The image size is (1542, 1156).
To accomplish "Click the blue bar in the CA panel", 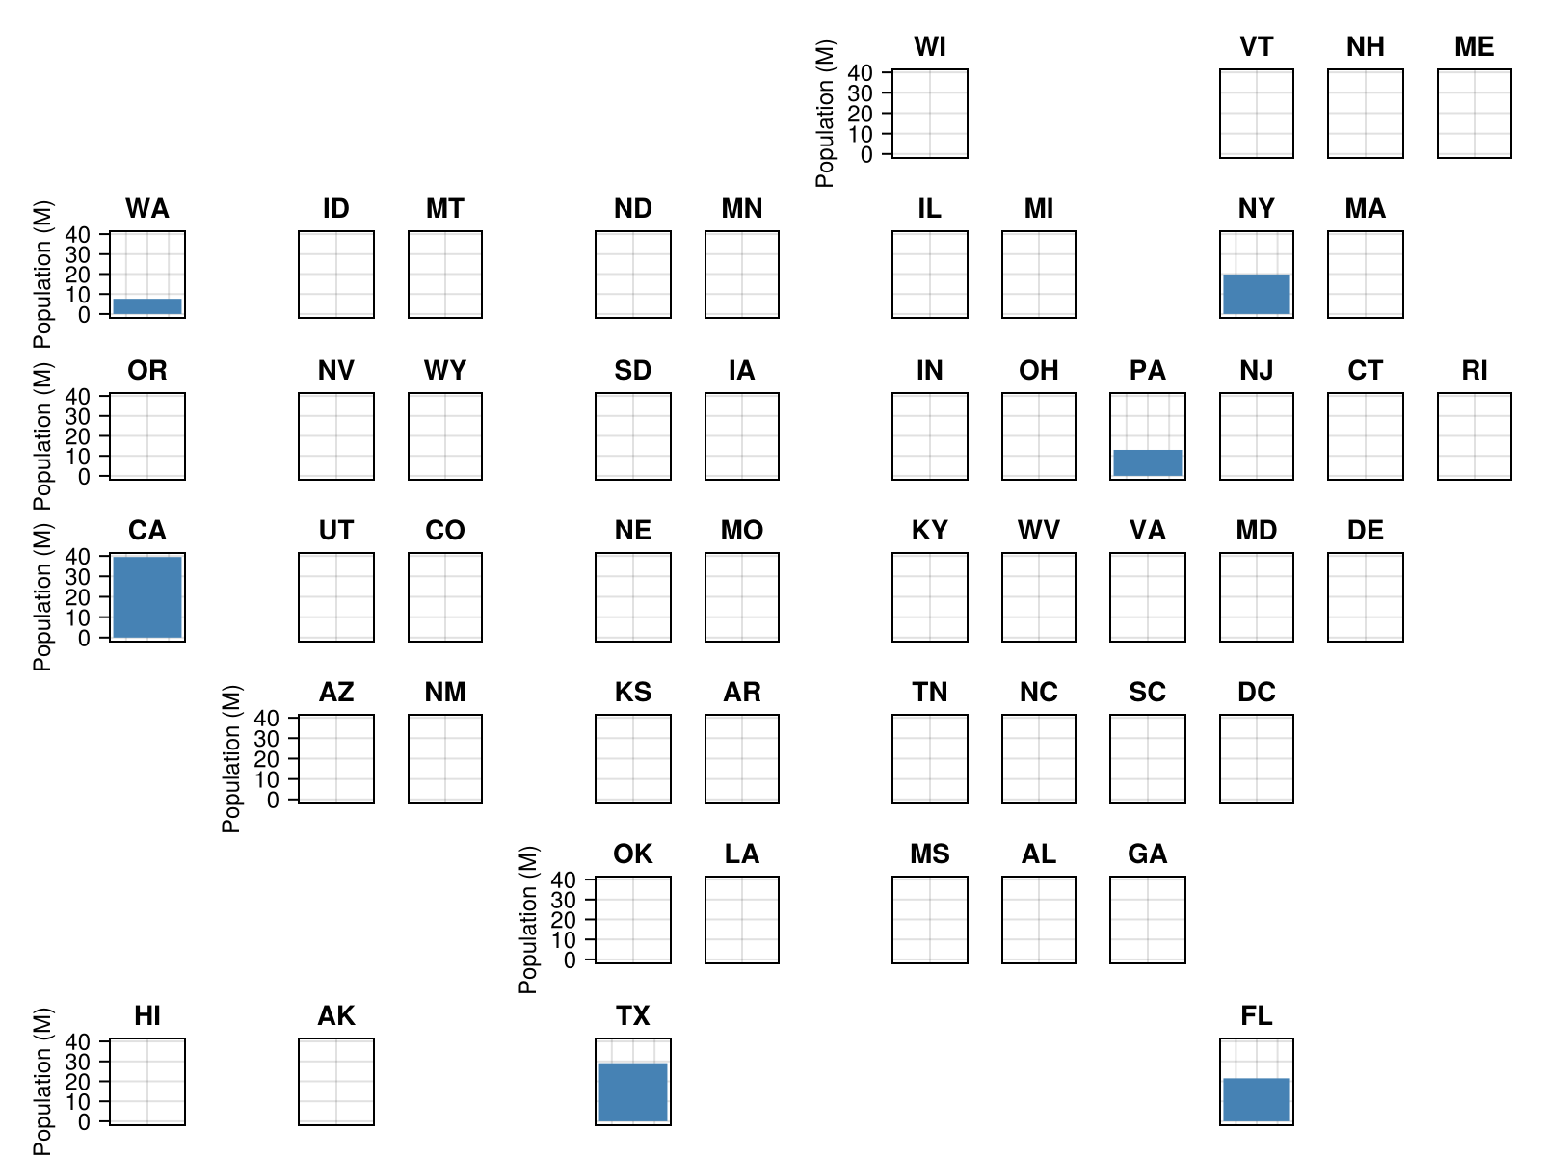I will tap(147, 597).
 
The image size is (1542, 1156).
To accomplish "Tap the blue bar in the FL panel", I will tap(1257, 1100).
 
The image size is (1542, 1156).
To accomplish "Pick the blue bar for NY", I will tap(1257, 294).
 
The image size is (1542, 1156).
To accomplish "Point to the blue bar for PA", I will tap(1148, 463).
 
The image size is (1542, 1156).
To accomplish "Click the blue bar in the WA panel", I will tap(147, 306).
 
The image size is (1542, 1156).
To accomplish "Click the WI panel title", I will tap(930, 47).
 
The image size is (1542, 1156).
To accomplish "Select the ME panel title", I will tap(1475, 47).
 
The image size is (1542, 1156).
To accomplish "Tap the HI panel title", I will tap(147, 1016).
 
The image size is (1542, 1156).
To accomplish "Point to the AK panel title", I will tap(336, 1016).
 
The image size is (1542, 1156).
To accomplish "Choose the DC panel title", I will tap(1257, 693).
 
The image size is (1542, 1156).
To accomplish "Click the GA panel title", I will tap(1148, 854).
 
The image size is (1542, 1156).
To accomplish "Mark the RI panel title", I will tap(1475, 371).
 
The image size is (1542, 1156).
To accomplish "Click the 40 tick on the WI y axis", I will tap(861, 73).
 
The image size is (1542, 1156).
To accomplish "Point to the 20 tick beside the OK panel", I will tap(564, 920).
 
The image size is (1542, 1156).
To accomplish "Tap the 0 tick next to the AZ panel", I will tap(275, 800).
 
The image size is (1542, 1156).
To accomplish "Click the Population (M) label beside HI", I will tap(43, 1081).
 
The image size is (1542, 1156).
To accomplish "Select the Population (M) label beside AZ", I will tap(232, 758).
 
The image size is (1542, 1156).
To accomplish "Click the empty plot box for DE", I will tap(1366, 597).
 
